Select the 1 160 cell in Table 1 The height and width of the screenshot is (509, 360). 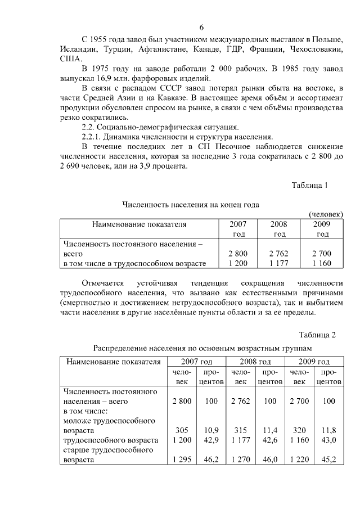pyautogui.click(x=322, y=263)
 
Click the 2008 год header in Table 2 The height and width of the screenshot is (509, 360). pyautogui.click(x=255, y=361)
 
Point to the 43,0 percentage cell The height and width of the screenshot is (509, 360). pyautogui.click(x=328, y=440)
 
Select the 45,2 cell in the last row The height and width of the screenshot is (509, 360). pyautogui.click(x=328, y=460)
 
